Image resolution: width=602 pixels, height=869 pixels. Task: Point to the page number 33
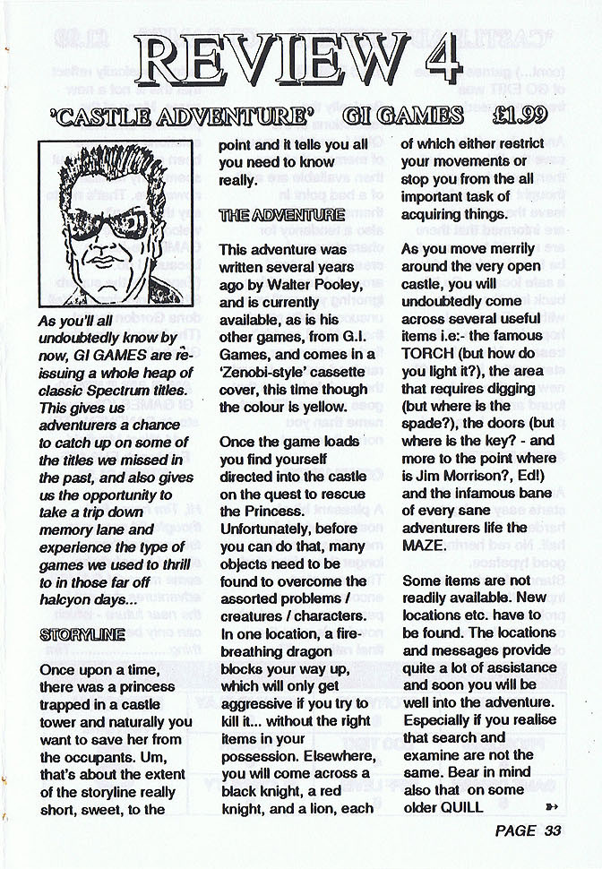tap(552, 830)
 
